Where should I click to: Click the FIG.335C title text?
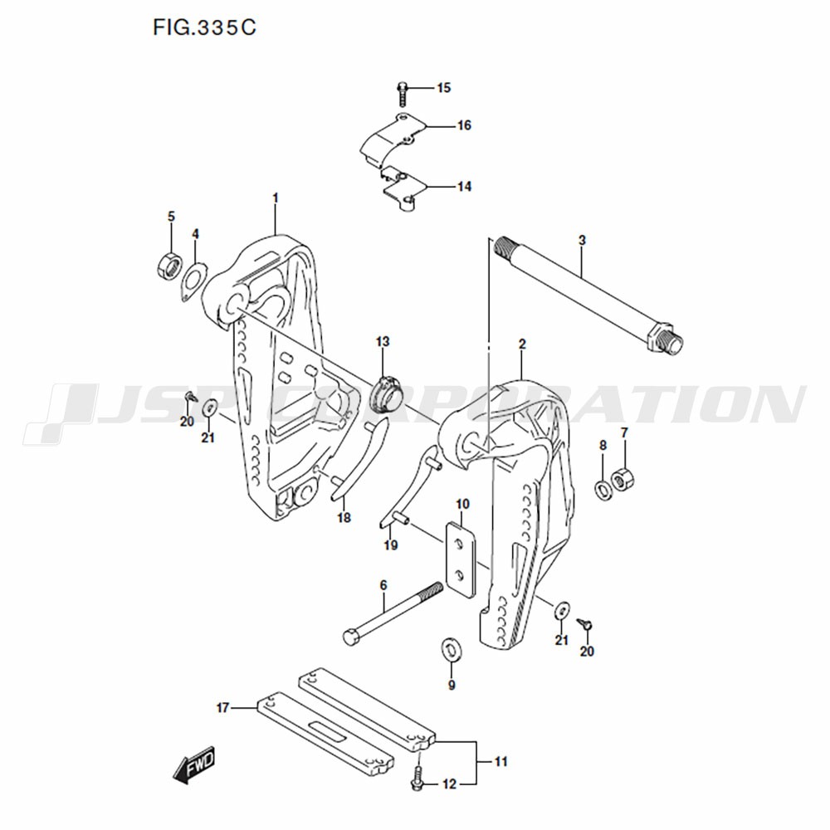point(204,27)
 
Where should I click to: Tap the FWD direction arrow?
point(194,764)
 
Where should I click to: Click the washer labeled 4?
point(193,281)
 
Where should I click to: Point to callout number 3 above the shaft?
point(582,240)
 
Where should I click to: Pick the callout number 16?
point(464,125)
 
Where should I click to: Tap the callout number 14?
point(464,186)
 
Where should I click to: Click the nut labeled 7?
point(622,479)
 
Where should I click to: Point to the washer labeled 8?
point(603,490)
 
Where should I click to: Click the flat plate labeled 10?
point(461,559)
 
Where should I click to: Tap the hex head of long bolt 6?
point(353,637)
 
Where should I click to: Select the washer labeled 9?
point(452,650)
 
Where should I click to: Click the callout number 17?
point(222,707)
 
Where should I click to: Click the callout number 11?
point(500,762)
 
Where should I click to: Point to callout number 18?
point(344,517)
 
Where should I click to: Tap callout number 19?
point(391,544)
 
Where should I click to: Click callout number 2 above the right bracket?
point(522,344)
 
